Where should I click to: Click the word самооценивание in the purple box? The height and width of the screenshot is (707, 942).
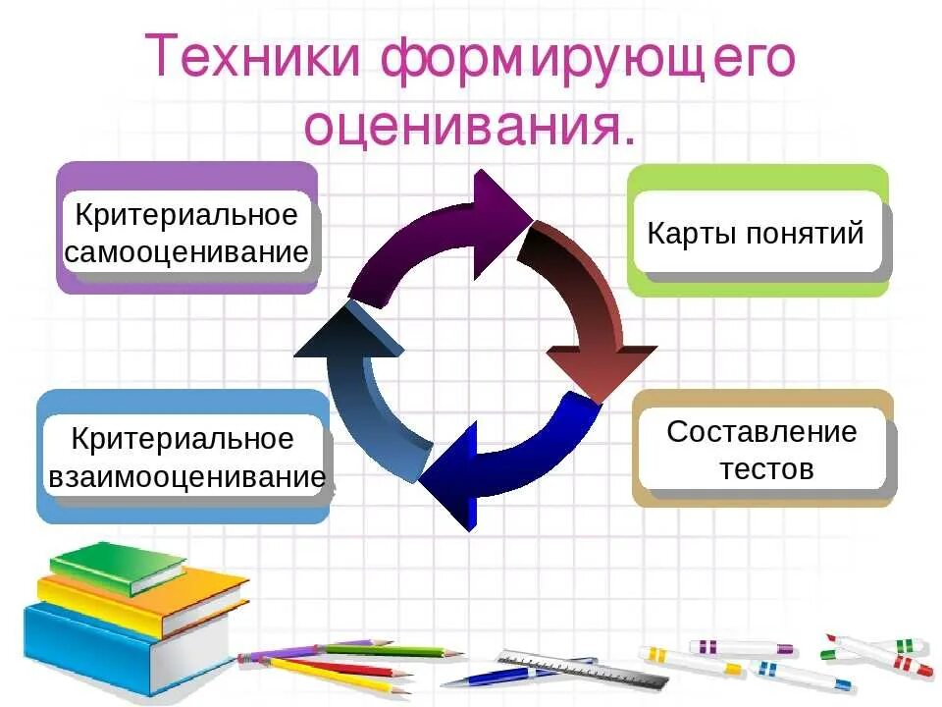coord(186,252)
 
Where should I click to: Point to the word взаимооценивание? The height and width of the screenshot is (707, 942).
coord(186,477)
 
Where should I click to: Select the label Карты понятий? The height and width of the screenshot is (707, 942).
coord(756,234)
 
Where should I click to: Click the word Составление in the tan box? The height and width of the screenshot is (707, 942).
coord(761,431)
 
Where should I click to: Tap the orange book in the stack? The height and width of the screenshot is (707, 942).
coord(147,599)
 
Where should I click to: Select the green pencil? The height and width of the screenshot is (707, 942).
coord(392,650)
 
